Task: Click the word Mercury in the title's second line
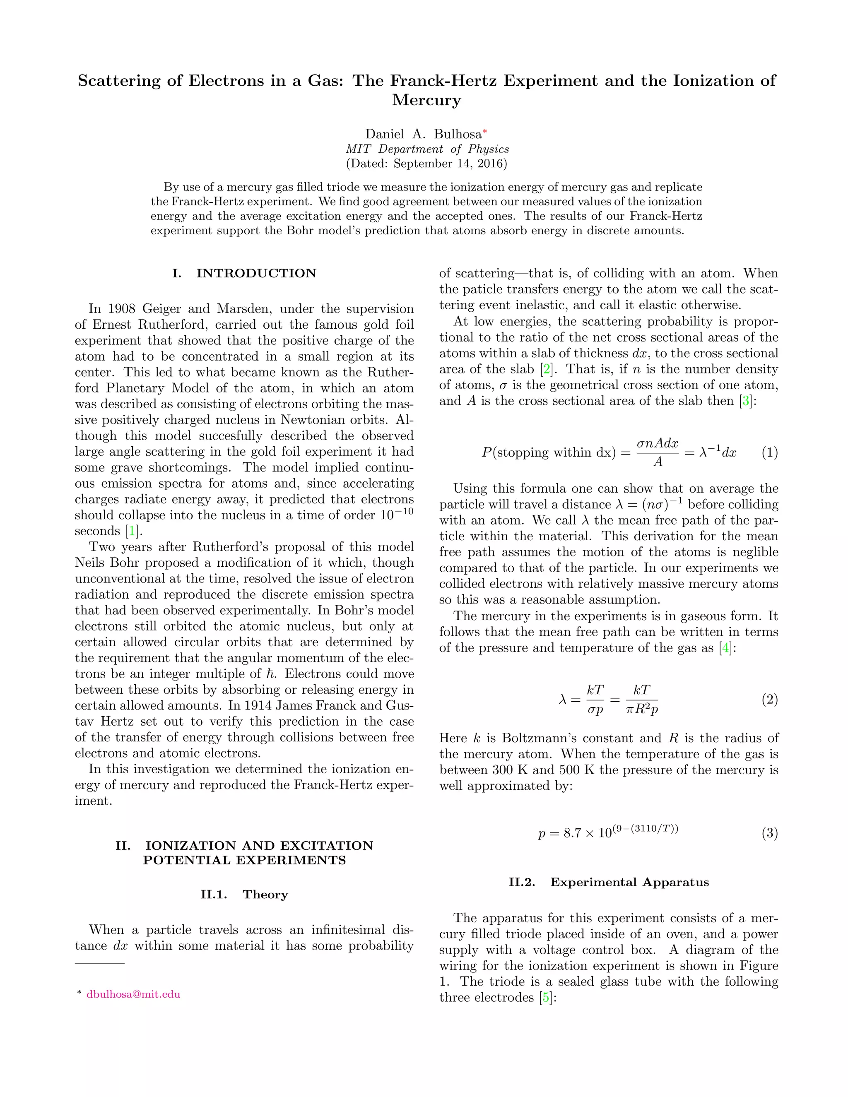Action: click(426, 100)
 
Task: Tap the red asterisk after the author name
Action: click(485, 132)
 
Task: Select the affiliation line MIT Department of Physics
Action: click(427, 149)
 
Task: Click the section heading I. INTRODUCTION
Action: click(244, 273)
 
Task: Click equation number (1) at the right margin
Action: click(770, 452)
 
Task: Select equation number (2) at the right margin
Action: click(770, 699)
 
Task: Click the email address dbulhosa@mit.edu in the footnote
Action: click(133, 994)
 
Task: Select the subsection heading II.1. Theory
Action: click(244, 895)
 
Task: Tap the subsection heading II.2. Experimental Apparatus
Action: click(609, 883)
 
